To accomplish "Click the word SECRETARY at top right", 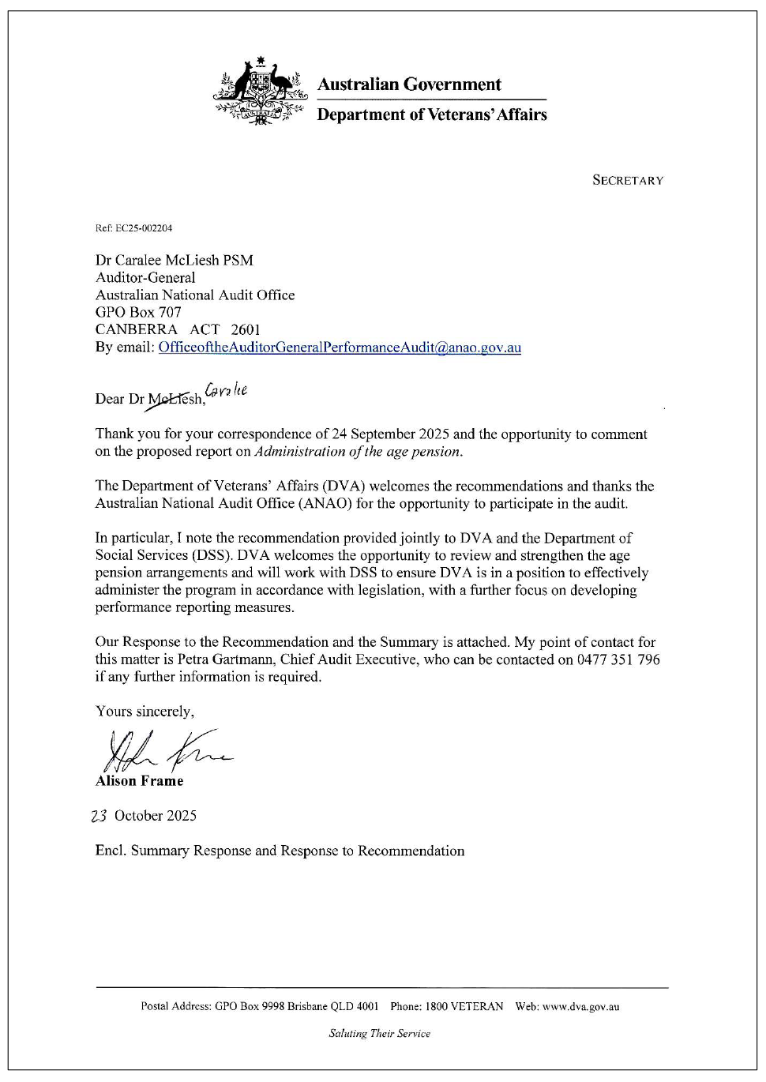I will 628,180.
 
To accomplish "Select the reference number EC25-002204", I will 144,228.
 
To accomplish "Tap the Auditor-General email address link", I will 340,348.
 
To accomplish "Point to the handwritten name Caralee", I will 227,389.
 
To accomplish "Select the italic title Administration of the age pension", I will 358,452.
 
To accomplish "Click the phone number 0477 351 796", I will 618,659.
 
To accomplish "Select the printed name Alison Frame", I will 140,781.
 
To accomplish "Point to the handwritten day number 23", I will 100,816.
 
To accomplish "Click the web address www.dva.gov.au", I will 580,1007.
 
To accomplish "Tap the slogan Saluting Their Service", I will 380,1033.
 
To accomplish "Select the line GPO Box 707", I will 138,313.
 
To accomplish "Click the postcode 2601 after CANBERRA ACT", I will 246,330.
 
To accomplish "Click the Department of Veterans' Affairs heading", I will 432,115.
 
